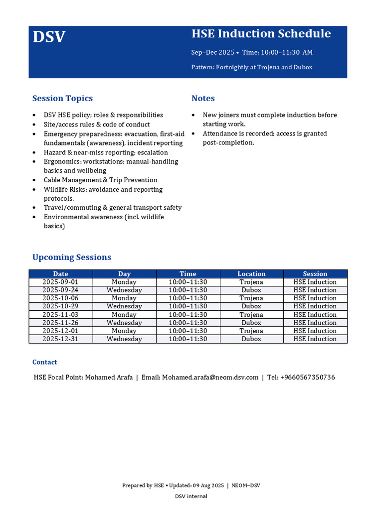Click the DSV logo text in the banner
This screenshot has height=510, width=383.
tap(49, 37)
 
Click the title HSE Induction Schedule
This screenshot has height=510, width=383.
tap(261, 34)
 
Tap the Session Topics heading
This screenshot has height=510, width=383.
tap(62, 99)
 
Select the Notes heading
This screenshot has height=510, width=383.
tap(203, 99)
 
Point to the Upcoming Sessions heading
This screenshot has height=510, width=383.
tap(71, 257)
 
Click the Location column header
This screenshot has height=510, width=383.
tap(251, 274)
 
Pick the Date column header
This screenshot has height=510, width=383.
tap(60, 274)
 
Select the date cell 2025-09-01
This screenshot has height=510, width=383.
tap(60, 282)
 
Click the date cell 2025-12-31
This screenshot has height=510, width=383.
tap(60, 339)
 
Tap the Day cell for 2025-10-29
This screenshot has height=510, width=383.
tap(124, 306)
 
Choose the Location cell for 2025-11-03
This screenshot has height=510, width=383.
tap(251, 315)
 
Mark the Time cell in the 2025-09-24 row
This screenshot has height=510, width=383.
tap(188, 290)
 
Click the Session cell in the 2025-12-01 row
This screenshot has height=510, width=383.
tap(315, 331)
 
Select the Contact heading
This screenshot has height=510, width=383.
tap(44, 362)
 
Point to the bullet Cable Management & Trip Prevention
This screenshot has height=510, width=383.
tap(100, 180)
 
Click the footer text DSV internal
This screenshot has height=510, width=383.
tap(191, 496)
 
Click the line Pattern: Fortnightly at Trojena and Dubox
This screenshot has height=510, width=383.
tap(252, 67)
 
